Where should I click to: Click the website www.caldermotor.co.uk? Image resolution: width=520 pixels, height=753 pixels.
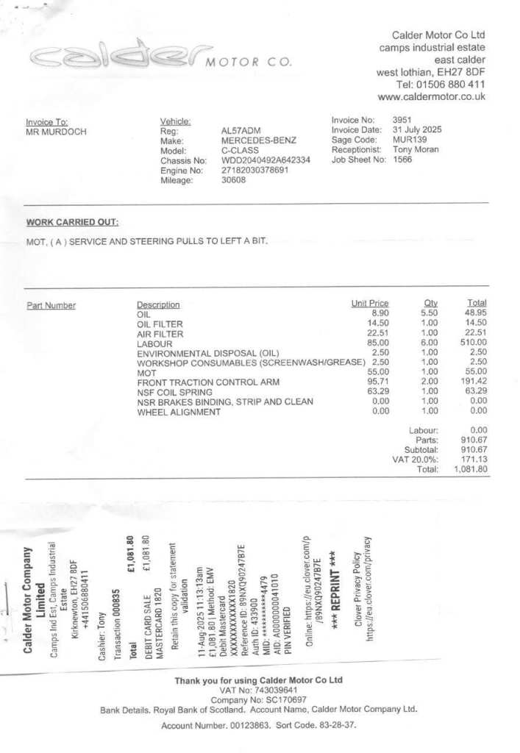pos(431,97)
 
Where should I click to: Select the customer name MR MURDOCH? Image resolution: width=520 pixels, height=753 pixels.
pos(56,132)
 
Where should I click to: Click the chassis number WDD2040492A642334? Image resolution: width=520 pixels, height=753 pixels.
pos(266,160)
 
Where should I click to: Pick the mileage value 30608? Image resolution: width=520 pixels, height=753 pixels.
pos(234,180)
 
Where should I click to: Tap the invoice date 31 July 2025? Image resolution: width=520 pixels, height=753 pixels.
pos(417,130)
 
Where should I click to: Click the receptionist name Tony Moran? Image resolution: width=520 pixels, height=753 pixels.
pos(416,149)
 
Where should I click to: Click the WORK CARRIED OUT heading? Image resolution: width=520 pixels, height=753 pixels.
pos(72,222)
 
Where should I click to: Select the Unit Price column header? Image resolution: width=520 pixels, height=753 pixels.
pos(370,304)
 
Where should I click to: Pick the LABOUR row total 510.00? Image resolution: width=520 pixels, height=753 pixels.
pos(473,343)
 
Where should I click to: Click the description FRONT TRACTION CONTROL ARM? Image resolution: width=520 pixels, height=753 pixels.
pos(208,383)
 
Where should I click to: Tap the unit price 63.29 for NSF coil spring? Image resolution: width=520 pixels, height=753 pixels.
pos(377,393)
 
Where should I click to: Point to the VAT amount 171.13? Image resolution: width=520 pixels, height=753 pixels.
pos(474,460)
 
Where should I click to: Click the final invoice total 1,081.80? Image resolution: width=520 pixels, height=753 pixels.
pos(471,469)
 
